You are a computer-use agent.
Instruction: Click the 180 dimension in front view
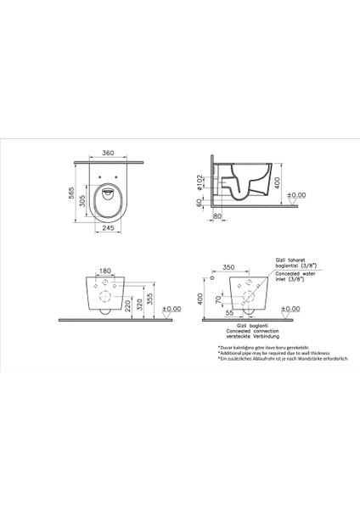tap(104, 271)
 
